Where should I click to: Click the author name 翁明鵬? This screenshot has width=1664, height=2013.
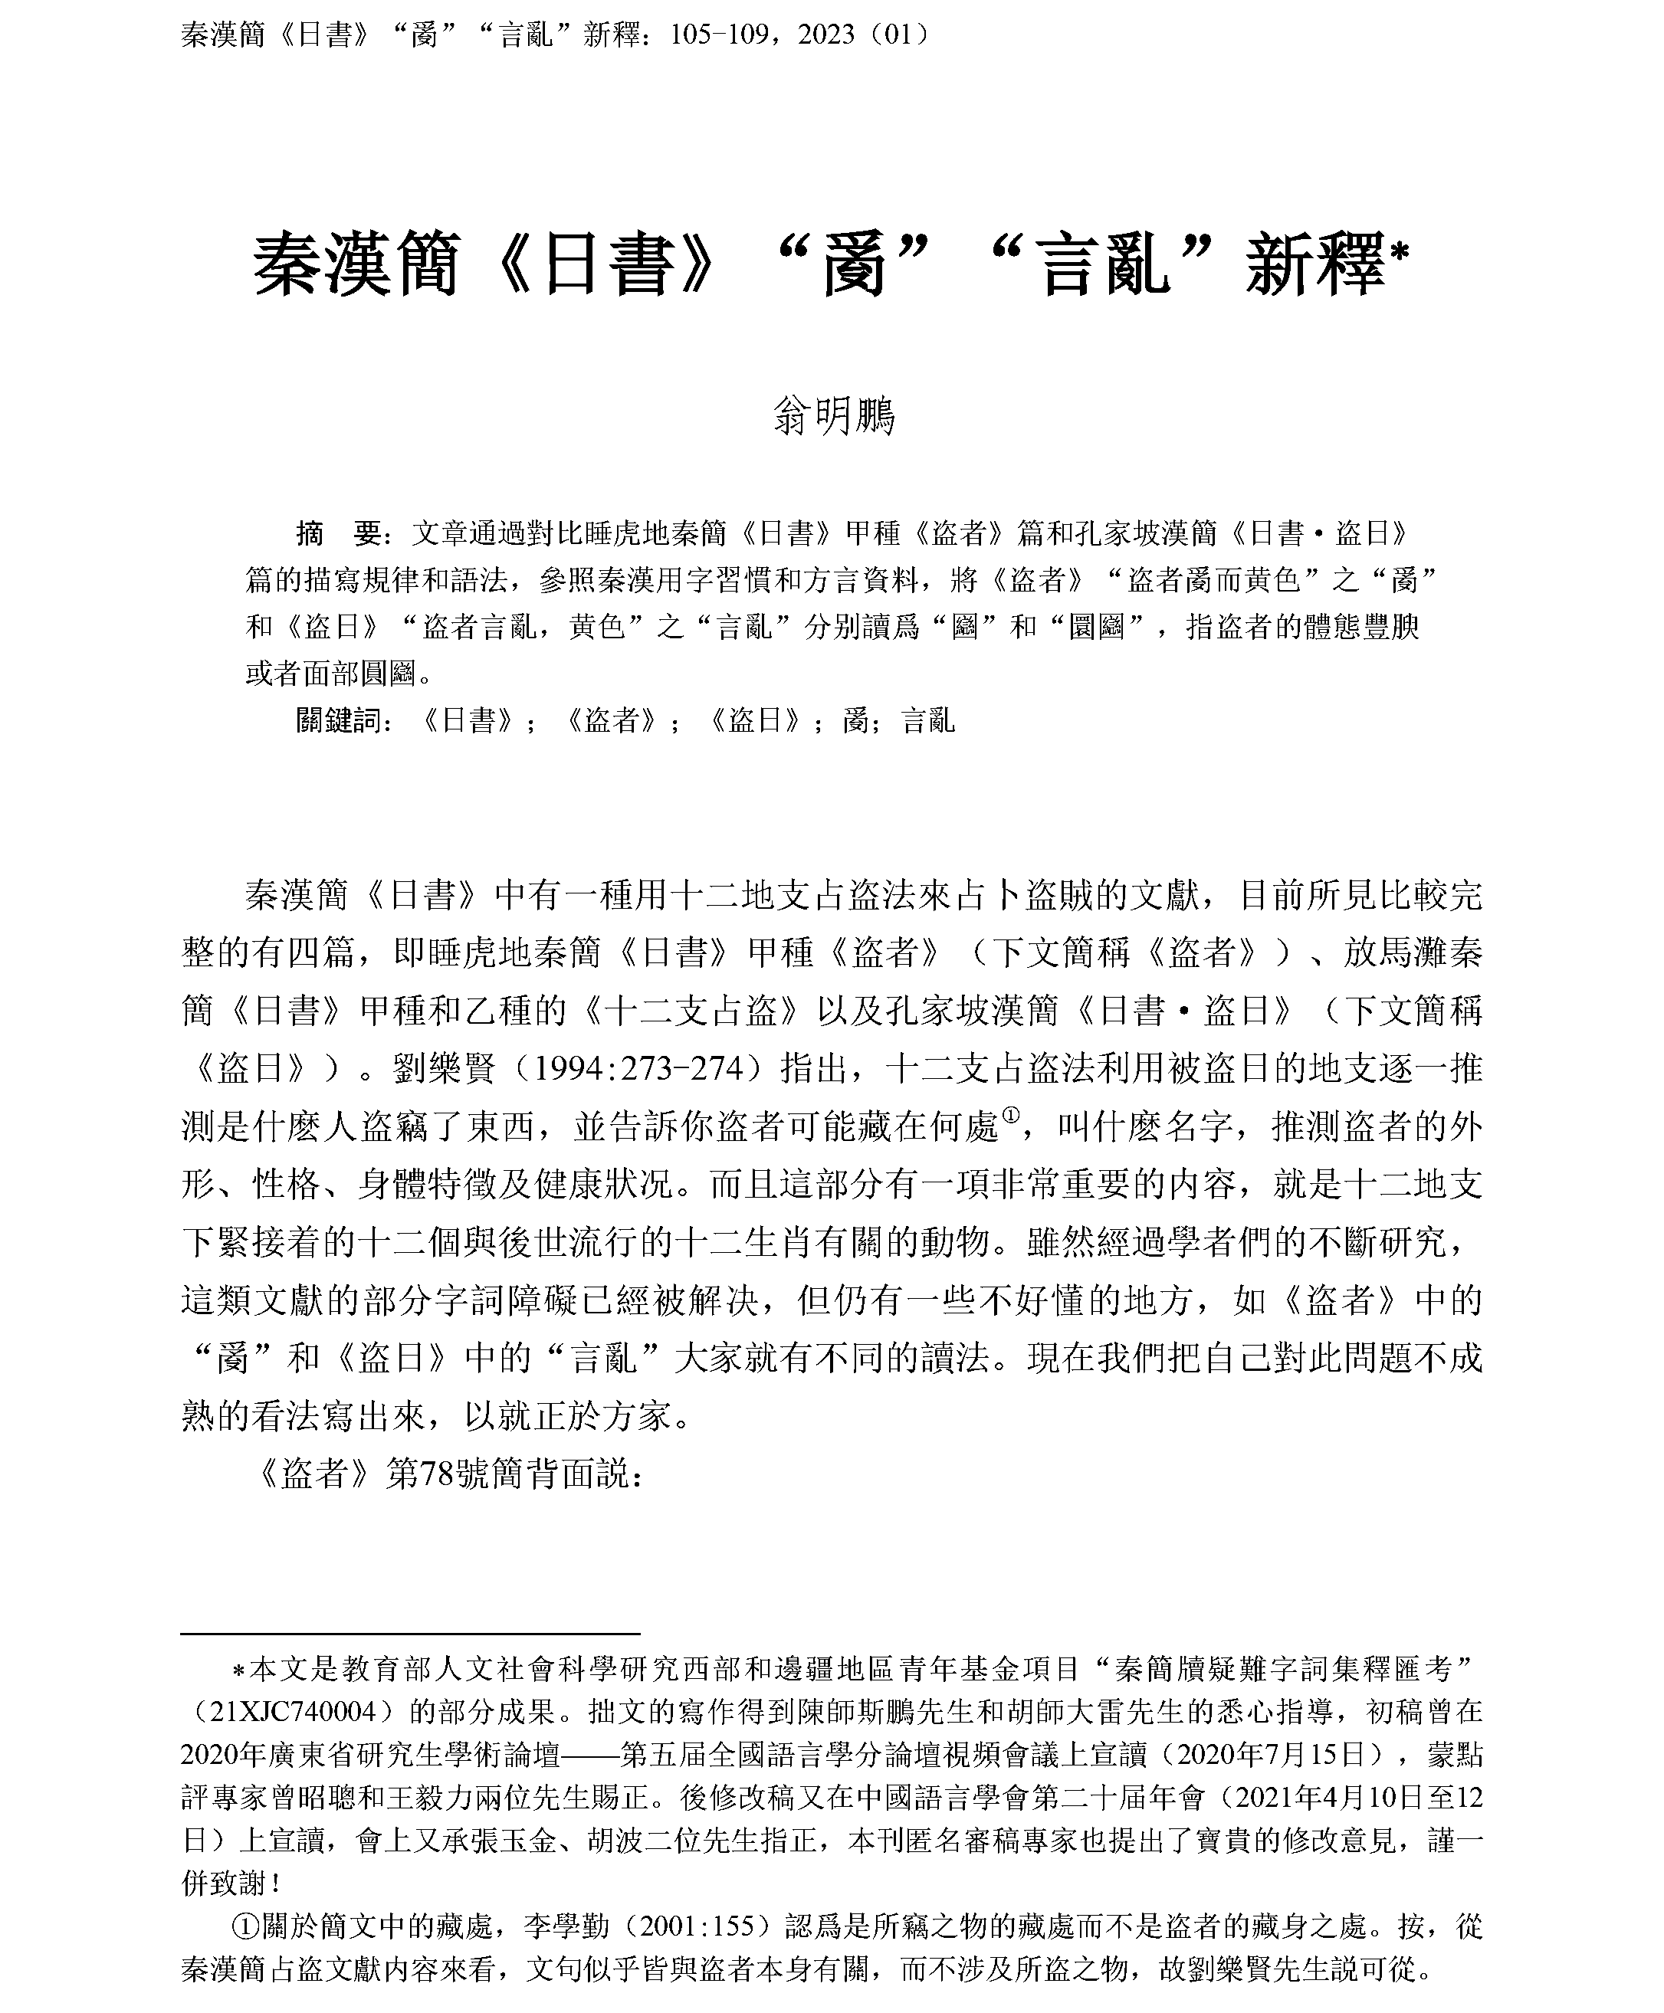pyautogui.click(x=832, y=417)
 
